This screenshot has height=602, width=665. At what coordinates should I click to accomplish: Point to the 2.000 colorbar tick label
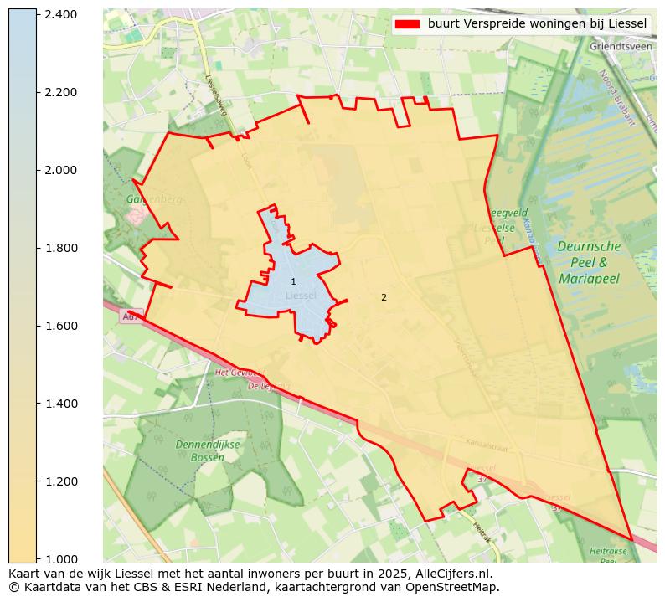[x=61, y=170]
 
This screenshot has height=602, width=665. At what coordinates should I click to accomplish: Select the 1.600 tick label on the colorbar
[x=61, y=326]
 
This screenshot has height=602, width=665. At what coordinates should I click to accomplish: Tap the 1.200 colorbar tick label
[x=61, y=481]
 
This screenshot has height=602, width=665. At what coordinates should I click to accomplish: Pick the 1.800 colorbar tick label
[x=61, y=248]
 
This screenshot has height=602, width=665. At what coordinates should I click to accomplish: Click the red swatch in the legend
[x=407, y=24]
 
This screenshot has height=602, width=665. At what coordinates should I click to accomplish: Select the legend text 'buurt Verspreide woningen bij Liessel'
[x=537, y=24]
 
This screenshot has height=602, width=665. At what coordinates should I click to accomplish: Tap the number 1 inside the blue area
[x=293, y=281]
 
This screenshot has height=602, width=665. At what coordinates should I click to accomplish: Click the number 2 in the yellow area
[x=384, y=297]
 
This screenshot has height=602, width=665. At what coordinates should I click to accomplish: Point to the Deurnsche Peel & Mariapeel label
[x=590, y=262]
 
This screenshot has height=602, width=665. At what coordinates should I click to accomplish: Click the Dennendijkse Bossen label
[x=207, y=450]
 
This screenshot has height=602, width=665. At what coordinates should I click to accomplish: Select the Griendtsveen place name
[x=621, y=47]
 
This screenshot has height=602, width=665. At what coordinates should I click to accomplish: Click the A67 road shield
[x=131, y=316]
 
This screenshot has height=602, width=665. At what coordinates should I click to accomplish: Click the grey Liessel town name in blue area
[x=301, y=296]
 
